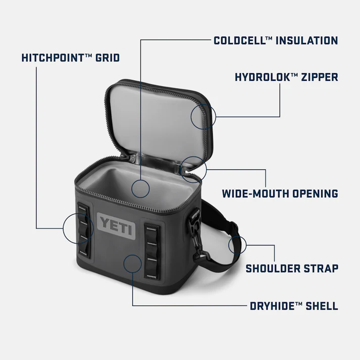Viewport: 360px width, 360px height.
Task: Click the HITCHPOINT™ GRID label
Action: (70, 58)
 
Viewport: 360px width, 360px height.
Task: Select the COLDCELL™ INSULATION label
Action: (275, 40)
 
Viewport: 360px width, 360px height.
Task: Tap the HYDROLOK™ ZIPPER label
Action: (286, 78)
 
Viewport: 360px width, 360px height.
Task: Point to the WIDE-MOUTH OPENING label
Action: (280, 193)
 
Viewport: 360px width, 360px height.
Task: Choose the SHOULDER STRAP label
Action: (292, 268)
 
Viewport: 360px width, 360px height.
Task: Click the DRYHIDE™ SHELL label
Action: (294, 306)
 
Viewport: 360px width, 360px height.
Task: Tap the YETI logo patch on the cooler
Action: (117, 224)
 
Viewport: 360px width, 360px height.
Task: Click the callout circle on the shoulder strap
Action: (237, 245)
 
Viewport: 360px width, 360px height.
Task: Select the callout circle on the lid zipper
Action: (203, 116)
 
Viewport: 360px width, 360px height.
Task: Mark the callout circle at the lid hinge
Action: (193, 169)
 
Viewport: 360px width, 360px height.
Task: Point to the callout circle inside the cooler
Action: (140, 189)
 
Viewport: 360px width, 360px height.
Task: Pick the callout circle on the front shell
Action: (132, 265)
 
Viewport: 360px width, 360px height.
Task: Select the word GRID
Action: (107, 58)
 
